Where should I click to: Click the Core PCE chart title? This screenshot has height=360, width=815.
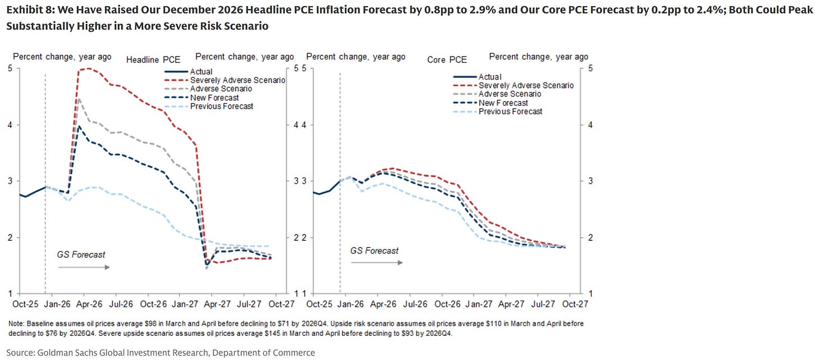pos(447,60)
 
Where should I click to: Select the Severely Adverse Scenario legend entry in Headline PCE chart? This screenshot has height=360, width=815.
pos(237,80)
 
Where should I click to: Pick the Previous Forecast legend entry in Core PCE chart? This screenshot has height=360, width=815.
pos(510,111)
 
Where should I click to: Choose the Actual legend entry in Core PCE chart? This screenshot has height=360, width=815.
pos(490,77)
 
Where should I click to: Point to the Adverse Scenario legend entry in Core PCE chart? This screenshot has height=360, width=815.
pos(509,94)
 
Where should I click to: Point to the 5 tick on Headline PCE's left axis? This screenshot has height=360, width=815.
pos(10,68)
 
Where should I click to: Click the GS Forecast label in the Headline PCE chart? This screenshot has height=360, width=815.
pos(81,254)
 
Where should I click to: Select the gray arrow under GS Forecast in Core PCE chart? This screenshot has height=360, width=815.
pos(376,263)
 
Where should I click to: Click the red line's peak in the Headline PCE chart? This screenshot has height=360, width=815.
pos(87,68)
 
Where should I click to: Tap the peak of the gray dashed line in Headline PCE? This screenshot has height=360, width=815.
pos(79,99)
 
